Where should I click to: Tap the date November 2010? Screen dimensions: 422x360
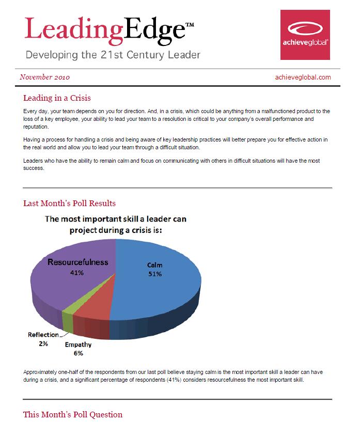45,77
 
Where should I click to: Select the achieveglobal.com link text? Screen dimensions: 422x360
304,77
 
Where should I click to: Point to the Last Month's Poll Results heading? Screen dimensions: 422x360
69,203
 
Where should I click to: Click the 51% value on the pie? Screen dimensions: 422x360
154,274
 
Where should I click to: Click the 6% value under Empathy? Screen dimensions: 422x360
78,353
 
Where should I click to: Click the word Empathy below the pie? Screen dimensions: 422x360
78,345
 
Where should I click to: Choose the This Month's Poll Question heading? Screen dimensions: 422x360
73,414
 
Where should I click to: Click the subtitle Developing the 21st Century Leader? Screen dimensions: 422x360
113,54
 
